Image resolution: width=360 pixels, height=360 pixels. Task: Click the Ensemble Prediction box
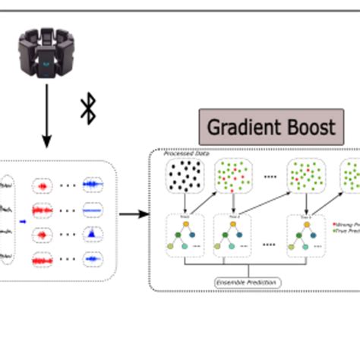point(247,283)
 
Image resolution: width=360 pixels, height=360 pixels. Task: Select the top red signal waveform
point(42,185)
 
